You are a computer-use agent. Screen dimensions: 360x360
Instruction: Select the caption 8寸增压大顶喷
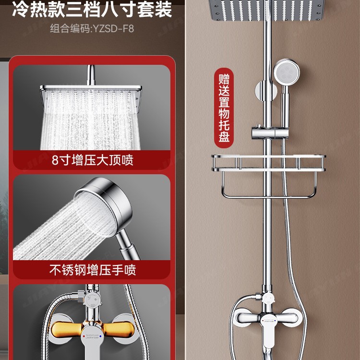coord(93,160)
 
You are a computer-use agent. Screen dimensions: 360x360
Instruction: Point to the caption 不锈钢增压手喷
coord(93,270)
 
